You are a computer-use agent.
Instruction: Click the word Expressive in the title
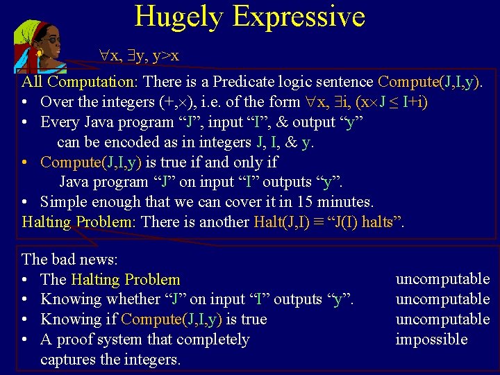tap(301, 17)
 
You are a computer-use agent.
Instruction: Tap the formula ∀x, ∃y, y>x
tap(140, 56)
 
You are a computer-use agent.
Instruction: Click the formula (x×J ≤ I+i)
tap(391, 101)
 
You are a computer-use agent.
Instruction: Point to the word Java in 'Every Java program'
tap(96, 122)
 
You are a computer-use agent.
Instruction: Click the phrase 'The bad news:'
tap(70, 259)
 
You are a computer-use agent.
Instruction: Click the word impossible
tap(431, 339)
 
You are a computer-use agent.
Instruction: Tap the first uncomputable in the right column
tap(442, 278)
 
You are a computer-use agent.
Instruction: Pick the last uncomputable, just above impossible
tap(442, 319)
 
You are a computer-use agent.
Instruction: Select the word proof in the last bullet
tap(81, 339)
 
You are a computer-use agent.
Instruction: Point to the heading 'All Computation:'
tap(80, 81)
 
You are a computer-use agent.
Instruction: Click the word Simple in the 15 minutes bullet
tap(65, 201)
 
